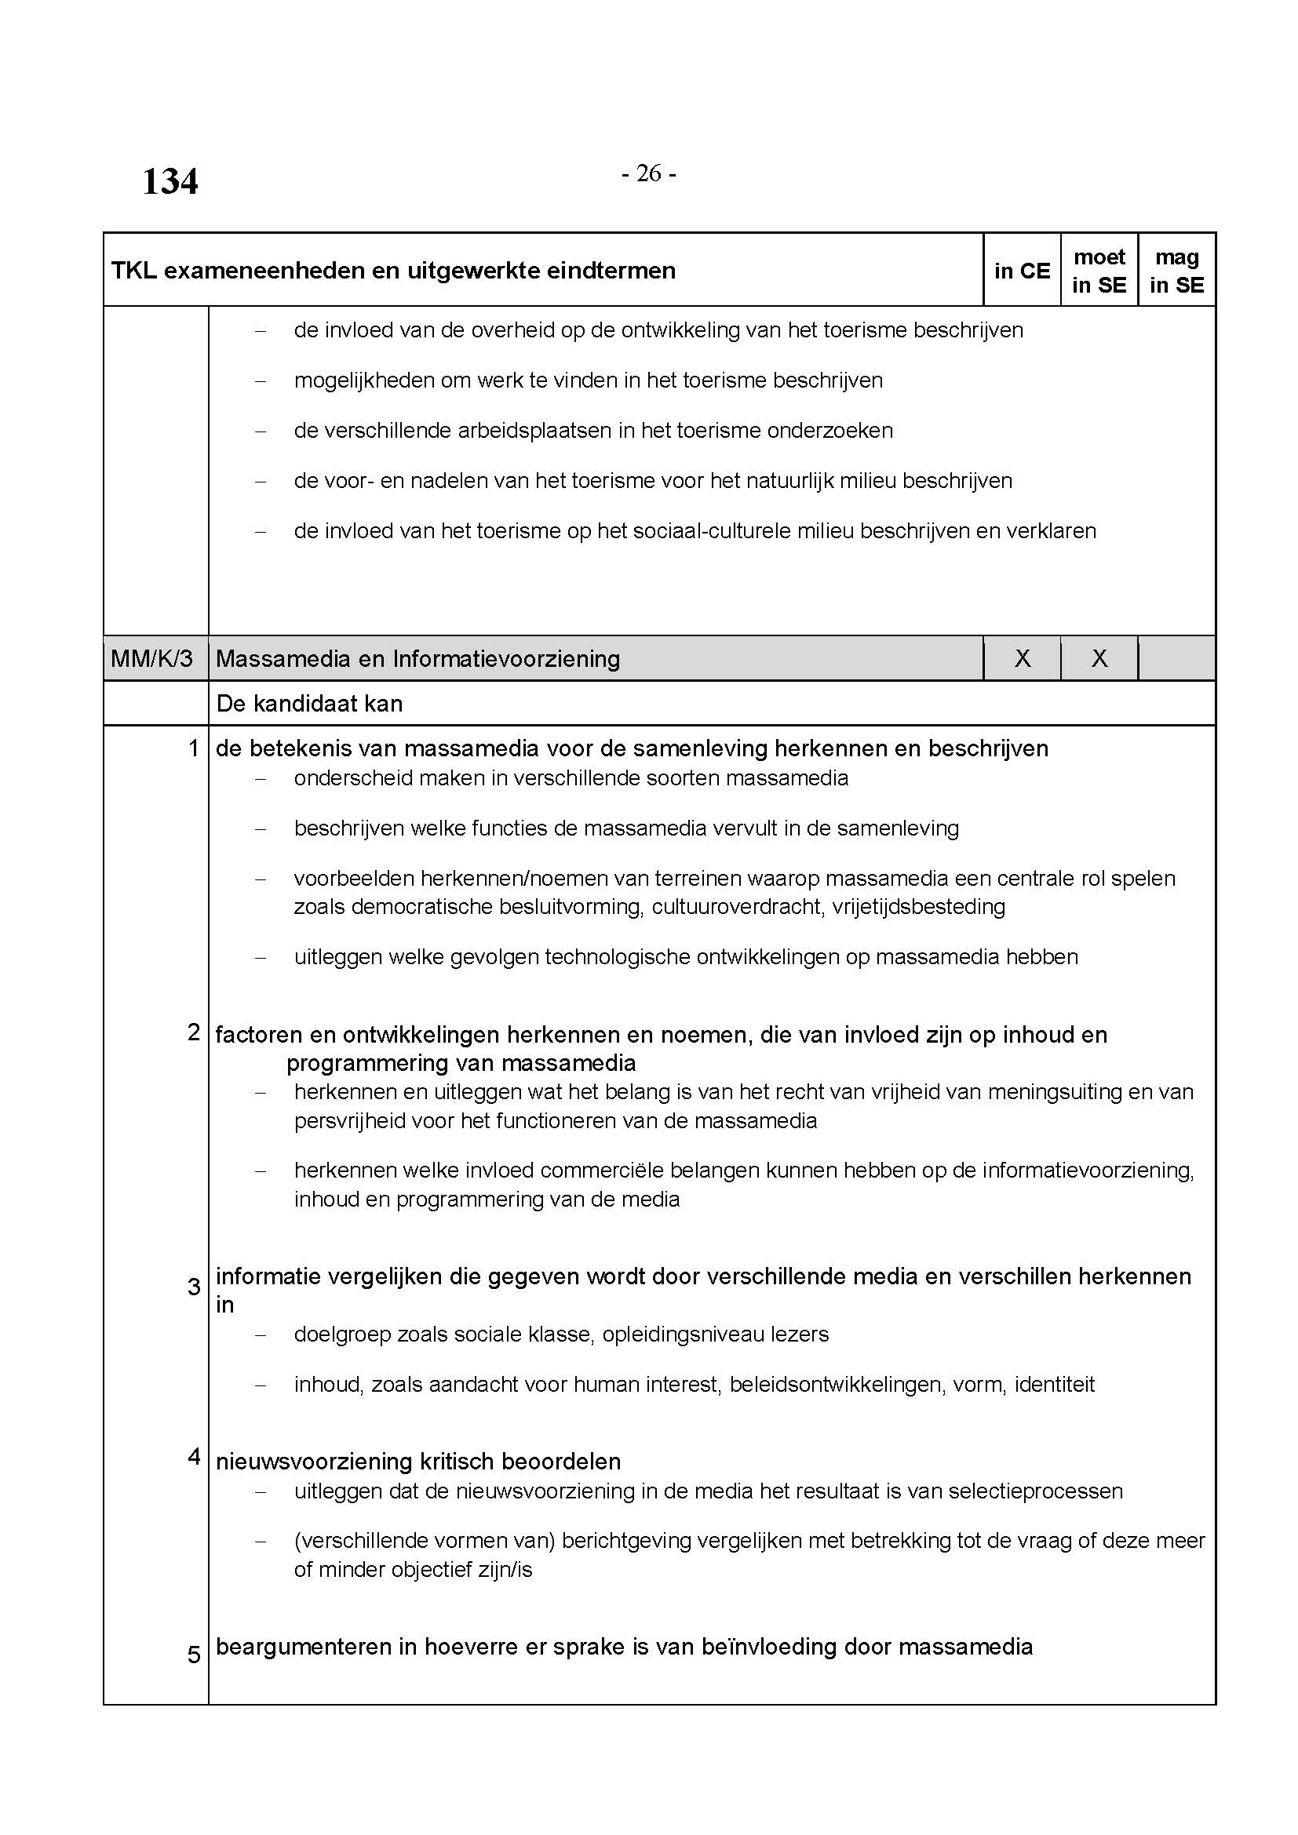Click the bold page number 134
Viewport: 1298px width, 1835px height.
coord(170,181)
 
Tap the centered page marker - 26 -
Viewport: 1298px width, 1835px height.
coord(648,173)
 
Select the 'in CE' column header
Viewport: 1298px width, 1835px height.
coord(1022,271)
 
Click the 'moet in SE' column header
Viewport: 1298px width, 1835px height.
coord(1099,271)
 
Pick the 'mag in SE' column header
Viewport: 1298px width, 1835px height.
coord(1176,271)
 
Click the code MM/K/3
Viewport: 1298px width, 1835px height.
coord(152,658)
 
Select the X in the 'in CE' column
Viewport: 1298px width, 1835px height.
coord(1022,658)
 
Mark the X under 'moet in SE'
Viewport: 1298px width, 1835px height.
coord(1099,658)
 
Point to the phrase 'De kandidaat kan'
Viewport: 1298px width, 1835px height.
coord(309,703)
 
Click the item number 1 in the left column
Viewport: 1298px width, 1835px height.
coord(192,748)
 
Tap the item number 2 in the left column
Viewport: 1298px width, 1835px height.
coord(192,1032)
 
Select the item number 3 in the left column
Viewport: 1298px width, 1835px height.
coord(192,1287)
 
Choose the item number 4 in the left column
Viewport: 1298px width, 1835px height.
coord(192,1456)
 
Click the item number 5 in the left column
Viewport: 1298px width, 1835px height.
coord(192,1655)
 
